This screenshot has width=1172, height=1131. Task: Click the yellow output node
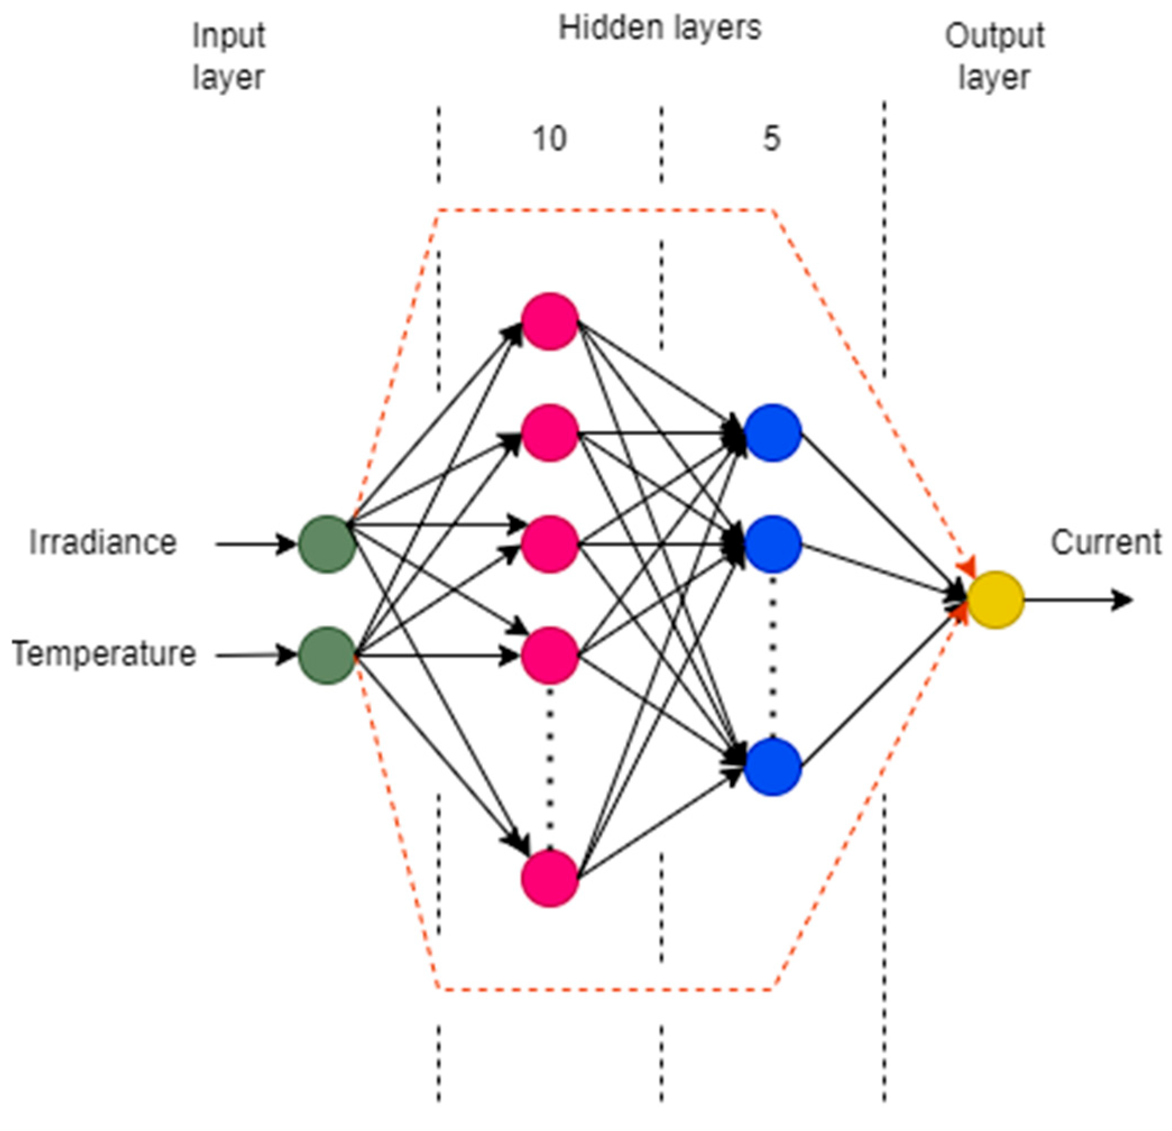click(x=995, y=599)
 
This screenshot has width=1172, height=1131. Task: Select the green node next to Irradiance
click(x=327, y=544)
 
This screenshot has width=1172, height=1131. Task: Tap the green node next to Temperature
click(x=327, y=655)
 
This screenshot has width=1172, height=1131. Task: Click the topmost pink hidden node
click(x=550, y=321)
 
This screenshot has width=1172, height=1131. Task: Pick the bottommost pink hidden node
click(x=550, y=878)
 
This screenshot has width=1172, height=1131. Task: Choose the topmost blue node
click(x=773, y=433)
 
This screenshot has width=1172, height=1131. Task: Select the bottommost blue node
click(x=773, y=767)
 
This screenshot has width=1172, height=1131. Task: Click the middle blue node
click(x=773, y=544)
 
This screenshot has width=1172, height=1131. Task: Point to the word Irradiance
click(x=103, y=543)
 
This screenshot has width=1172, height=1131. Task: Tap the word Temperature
click(x=104, y=653)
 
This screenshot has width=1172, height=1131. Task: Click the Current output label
click(x=1106, y=543)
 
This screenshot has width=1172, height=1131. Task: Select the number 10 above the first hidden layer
click(x=549, y=139)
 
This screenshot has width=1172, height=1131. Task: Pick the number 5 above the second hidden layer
click(x=772, y=139)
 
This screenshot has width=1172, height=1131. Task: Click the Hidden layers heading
click(x=659, y=29)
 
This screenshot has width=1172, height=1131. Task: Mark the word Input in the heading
click(x=228, y=36)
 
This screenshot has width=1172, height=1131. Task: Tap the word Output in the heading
click(x=994, y=36)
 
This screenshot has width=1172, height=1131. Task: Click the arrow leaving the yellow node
click(x=1076, y=599)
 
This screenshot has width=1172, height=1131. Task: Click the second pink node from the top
click(x=550, y=433)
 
